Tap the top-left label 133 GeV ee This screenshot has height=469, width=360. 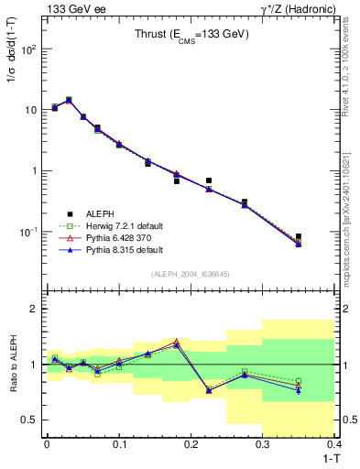click(x=73, y=8)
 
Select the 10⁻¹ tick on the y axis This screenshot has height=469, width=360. click(x=29, y=232)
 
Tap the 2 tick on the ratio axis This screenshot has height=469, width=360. click(x=35, y=309)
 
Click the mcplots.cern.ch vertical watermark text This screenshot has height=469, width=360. click(x=352, y=220)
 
